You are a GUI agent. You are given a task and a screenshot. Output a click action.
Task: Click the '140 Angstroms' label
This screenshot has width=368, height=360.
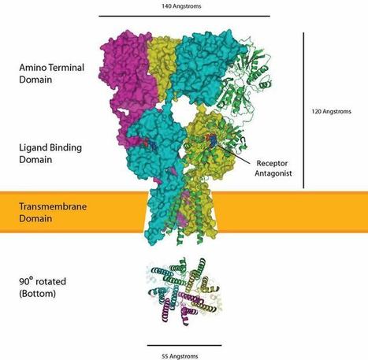(181, 6)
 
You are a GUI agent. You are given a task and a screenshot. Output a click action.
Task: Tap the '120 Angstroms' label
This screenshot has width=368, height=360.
(331, 112)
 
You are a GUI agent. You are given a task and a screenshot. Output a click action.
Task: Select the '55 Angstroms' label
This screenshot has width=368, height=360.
(180, 356)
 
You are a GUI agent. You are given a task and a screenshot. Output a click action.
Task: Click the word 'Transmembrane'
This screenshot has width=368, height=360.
(53, 206)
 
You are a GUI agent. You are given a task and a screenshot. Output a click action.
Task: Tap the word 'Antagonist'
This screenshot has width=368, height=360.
(273, 173)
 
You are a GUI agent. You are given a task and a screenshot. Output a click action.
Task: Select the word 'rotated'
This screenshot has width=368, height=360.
(50, 281)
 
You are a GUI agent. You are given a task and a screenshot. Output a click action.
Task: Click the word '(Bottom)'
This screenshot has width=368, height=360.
(37, 294)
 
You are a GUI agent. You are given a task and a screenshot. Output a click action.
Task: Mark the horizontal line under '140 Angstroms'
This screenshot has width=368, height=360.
(184, 16)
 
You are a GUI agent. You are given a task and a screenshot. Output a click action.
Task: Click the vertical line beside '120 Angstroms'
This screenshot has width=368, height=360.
(303, 110)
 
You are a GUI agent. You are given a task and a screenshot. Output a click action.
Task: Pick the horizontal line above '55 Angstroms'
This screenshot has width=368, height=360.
(184, 345)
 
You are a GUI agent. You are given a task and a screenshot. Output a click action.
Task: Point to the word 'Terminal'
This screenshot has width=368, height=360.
(67, 68)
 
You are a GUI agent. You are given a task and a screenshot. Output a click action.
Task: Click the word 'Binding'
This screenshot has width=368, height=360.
(67, 148)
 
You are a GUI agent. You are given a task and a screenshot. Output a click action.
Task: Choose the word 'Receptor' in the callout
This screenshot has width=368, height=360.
(272, 163)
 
